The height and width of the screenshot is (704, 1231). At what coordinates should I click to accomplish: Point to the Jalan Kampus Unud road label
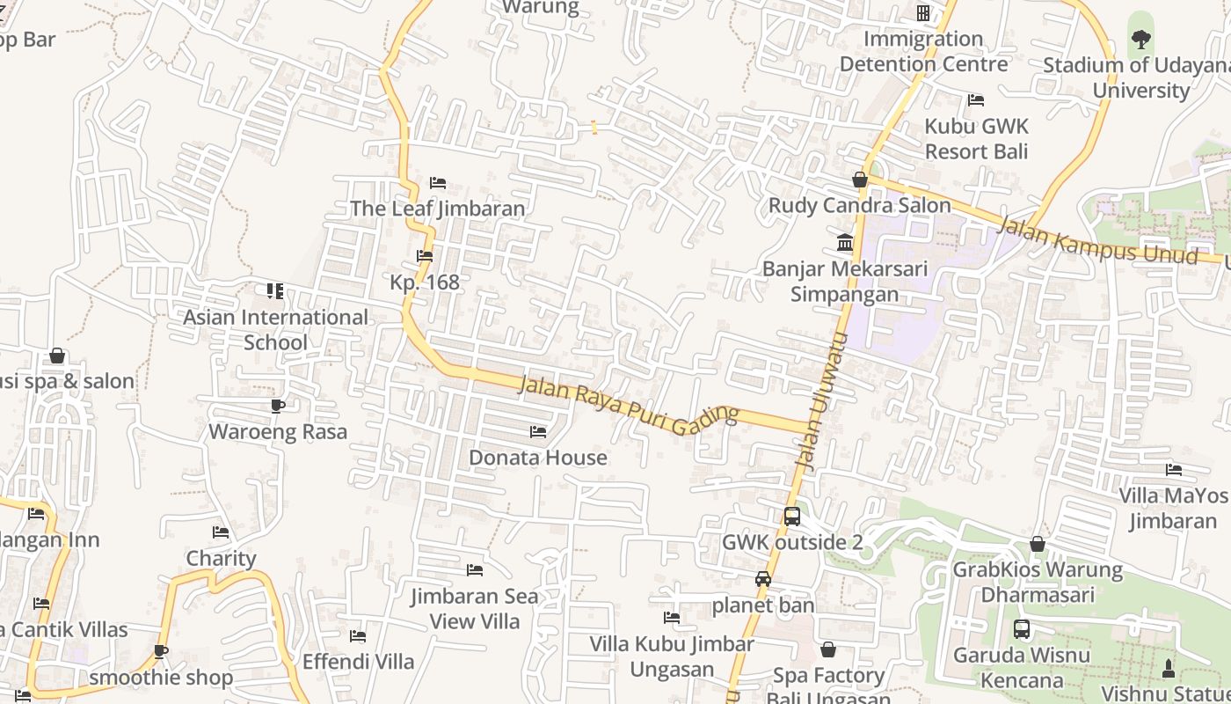click(x=1098, y=238)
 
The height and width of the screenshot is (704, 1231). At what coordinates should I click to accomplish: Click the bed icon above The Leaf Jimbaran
click(x=438, y=183)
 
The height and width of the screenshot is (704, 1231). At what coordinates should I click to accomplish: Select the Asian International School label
click(x=275, y=329)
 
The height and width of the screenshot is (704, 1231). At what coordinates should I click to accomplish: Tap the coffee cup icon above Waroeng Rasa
click(x=278, y=406)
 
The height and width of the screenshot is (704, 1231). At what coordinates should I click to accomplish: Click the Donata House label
click(x=537, y=458)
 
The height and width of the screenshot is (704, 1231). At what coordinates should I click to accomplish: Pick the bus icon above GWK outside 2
click(x=792, y=517)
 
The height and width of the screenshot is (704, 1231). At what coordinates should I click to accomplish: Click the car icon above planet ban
click(x=763, y=579)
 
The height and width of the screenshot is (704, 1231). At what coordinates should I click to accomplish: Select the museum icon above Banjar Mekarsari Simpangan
click(x=845, y=242)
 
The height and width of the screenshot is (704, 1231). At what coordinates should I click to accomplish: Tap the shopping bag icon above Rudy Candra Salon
click(x=860, y=180)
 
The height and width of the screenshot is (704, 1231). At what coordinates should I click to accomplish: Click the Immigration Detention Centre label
click(x=923, y=51)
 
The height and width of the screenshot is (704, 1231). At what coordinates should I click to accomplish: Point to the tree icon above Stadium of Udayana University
click(x=1140, y=39)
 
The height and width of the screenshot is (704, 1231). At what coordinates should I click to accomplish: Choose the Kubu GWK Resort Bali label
click(x=976, y=138)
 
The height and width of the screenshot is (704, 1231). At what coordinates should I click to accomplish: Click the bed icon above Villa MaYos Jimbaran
click(x=1174, y=469)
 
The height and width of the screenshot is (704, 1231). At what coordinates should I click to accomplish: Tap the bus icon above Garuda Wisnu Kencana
click(x=1022, y=629)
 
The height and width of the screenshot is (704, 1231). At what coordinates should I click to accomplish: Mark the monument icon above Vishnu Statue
click(x=1169, y=668)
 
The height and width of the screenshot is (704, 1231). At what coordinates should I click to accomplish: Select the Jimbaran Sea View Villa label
click(x=475, y=608)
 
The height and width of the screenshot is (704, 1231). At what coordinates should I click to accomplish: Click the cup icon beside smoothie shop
click(x=160, y=651)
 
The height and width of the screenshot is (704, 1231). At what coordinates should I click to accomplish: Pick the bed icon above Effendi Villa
click(x=358, y=635)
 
